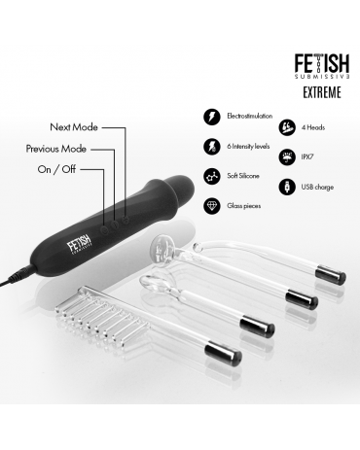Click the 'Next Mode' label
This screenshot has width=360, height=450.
(x=74, y=127)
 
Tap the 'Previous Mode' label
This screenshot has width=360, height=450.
(x=56, y=149)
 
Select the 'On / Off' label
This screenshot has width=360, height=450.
(x=56, y=169)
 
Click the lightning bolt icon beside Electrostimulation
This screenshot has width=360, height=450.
(x=212, y=117)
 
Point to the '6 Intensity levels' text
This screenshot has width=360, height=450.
(x=248, y=147)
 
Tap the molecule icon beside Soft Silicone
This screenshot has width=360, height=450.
(x=212, y=176)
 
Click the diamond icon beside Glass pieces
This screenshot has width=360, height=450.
(x=212, y=206)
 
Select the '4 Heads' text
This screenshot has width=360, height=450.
(x=313, y=127)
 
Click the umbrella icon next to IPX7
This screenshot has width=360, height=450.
(x=287, y=156)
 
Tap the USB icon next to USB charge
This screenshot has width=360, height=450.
(x=287, y=187)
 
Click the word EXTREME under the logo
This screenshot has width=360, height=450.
(x=322, y=92)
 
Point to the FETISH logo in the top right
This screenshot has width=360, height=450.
(x=322, y=66)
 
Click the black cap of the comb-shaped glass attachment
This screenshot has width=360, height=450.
(x=223, y=353)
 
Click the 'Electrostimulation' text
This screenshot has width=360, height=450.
(x=250, y=116)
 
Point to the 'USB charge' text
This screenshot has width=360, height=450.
(x=317, y=188)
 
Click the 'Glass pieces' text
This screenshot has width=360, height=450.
(x=244, y=206)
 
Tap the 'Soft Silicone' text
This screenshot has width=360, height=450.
(x=243, y=176)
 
